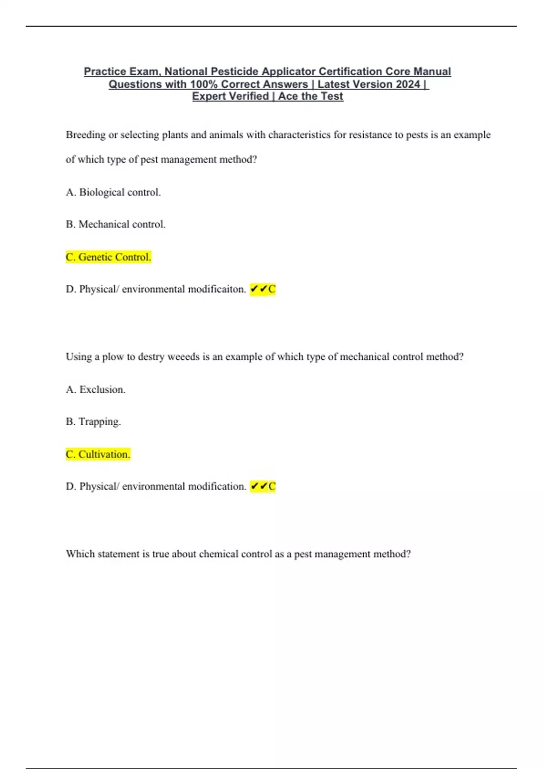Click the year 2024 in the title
(x=407, y=84)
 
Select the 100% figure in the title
(x=204, y=84)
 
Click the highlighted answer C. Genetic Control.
(x=108, y=257)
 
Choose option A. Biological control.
(x=113, y=192)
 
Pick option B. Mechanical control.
(x=115, y=224)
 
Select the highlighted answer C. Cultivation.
(x=98, y=454)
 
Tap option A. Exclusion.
(x=95, y=389)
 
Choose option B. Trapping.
(x=93, y=422)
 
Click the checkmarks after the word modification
(x=259, y=486)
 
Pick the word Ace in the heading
(x=288, y=96)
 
